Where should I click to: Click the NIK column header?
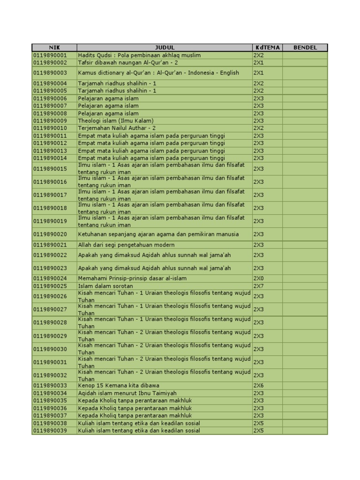tap(54, 47)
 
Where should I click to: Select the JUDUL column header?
tap(165, 47)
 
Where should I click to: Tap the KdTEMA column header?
tap(267, 47)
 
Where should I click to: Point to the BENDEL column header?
tap(305, 47)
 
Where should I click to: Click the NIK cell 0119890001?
tap(50, 55)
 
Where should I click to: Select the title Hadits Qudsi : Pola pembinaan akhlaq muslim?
tap(139, 55)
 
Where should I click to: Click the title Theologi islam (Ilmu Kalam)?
tap(116, 120)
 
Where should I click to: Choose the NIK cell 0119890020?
tap(50, 234)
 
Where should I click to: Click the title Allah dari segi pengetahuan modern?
tap(126, 245)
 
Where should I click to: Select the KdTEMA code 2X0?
tap(259, 278)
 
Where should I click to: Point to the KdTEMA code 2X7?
tap(259, 286)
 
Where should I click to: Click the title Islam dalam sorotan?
tap(105, 286)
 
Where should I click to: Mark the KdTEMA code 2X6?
tap(259, 385)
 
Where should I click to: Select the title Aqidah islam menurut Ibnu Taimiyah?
tap(127, 393)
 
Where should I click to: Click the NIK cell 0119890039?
tap(50, 430)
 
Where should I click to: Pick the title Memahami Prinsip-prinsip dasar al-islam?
tap(132, 278)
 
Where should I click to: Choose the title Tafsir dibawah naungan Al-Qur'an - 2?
tap(128, 63)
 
